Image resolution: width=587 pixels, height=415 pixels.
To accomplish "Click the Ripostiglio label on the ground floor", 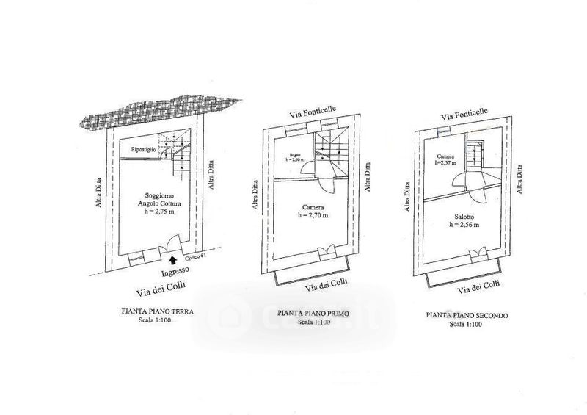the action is pos(143,150).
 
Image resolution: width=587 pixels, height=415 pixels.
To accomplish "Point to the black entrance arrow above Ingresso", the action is pos(172,259).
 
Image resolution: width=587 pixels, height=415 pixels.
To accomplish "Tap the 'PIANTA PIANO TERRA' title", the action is pos(158,311).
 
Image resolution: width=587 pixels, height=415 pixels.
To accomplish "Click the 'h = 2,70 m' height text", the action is pos(313,215).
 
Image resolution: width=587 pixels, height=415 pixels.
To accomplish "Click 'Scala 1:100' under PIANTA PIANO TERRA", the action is pos(158,320).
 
